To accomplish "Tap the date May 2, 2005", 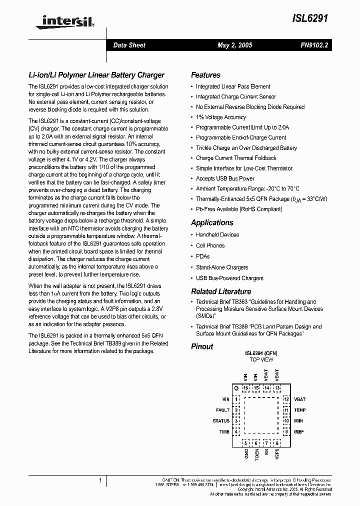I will [x=234, y=45].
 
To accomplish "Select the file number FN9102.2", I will [x=313, y=45].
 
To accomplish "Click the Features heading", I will [x=205, y=75].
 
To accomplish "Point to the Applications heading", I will [x=212, y=222].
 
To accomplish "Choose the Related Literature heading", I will [x=221, y=291].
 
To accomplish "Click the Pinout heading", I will [x=202, y=346].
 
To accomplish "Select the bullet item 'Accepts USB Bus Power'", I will [x=225, y=178].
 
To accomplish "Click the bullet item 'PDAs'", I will [x=202, y=256].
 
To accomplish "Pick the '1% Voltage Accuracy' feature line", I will [x=220, y=117].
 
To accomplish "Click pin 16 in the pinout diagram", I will [x=245, y=388].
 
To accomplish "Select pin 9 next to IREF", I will [x=286, y=431].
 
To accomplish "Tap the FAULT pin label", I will [x=222, y=410].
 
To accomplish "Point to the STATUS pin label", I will [x=221, y=421].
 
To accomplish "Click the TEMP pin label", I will [x=300, y=410].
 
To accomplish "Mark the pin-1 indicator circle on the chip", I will [x=236, y=388].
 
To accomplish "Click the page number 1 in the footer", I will [x=100, y=480].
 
